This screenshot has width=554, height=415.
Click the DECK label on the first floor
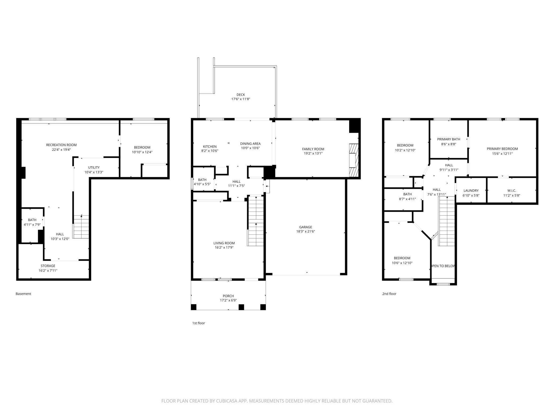tap(241, 95)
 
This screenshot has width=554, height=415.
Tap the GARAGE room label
tap(305, 227)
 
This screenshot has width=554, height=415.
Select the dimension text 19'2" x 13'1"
tap(313, 153)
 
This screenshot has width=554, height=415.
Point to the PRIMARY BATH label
tap(449, 139)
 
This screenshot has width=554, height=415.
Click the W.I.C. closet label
tap(512, 190)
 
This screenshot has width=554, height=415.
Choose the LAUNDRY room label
tap(471, 190)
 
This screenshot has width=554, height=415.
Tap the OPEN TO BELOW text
tap(443, 266)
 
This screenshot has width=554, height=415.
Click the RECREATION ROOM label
tap(61, 145)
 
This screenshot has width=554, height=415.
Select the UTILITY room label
tap(94, 167)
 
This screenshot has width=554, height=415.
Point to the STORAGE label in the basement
tap(48, 266)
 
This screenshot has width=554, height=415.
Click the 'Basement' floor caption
tap(23, 294)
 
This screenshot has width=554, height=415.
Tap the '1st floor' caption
tap(199, 323)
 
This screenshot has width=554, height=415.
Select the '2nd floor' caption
tap(389, 294)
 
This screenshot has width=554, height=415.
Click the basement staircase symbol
tap(81, 227)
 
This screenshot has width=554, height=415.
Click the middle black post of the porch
tap(241, 307)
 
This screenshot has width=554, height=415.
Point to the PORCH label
tap(228, 296)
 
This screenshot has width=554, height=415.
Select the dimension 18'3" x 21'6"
tap(305, 231)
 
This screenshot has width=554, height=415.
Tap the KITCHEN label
tap(210, 147)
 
